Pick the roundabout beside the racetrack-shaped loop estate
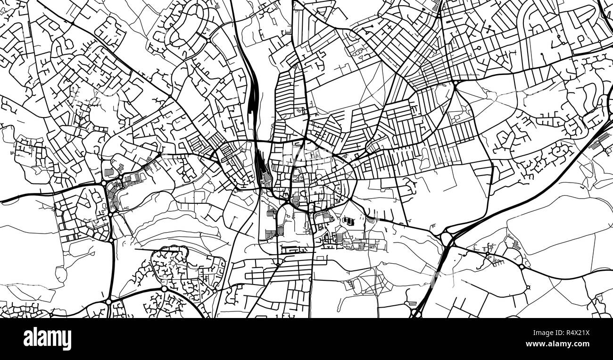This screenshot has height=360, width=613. pos(207,41)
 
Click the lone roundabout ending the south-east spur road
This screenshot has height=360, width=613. pos(528,287)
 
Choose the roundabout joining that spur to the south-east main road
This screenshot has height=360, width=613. pos(522,267)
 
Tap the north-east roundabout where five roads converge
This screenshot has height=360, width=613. pos(456,84)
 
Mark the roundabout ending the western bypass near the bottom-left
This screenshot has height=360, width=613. pos(108,301)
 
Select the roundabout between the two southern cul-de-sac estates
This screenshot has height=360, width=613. pos(164,288)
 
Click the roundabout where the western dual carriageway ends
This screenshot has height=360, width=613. pos(103,183)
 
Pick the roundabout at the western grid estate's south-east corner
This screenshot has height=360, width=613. pos(111,240)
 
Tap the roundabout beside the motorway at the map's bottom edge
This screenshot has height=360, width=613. pos(415,312)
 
